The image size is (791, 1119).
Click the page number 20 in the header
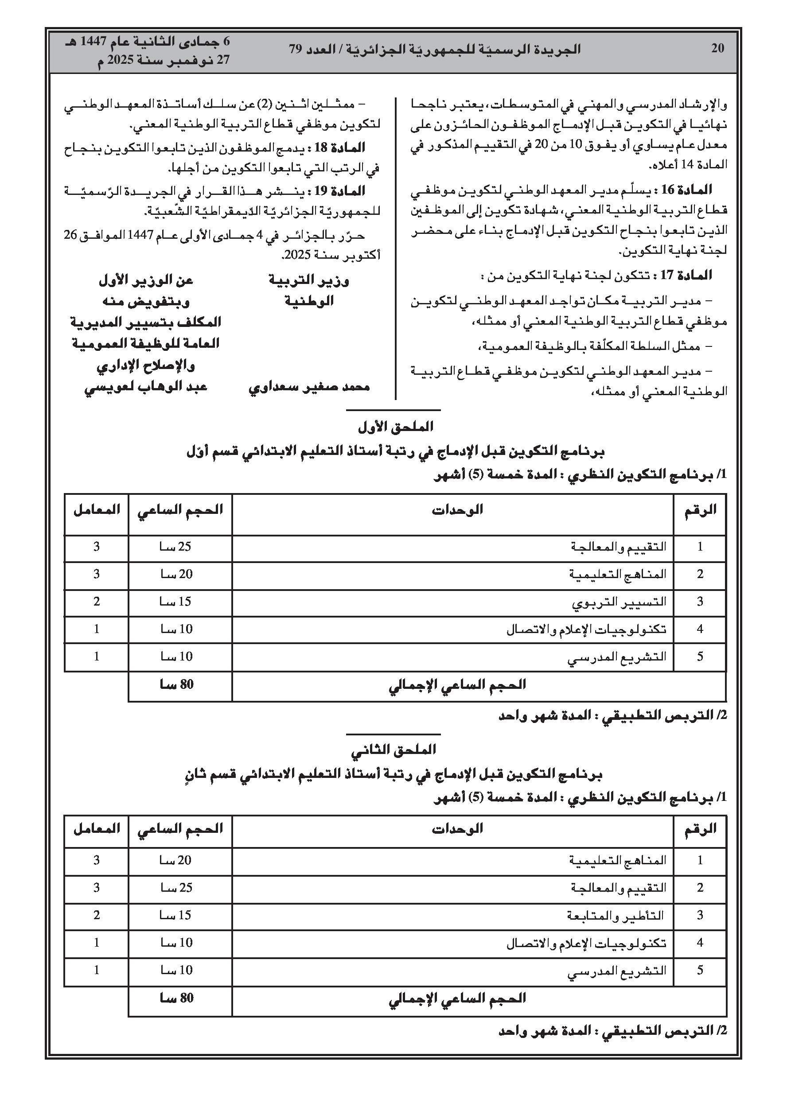(x=717, y=48)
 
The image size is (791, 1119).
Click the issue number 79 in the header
(x=296, y=49)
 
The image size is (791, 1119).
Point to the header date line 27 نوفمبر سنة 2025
(x=164, y=60)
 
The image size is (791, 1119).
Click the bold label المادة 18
(x=341, y=147)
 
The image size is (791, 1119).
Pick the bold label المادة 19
(x=341, y=190)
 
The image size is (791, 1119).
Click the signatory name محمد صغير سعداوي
(x=309, y=387)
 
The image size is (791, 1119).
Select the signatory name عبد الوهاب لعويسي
(x=146, y=387)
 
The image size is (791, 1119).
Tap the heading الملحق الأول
(x=395, y=427)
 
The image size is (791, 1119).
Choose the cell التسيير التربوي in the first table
(x=619, y=602)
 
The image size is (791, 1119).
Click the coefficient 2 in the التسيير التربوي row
(x=97, y=602)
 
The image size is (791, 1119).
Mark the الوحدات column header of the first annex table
(x=457, y=510)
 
